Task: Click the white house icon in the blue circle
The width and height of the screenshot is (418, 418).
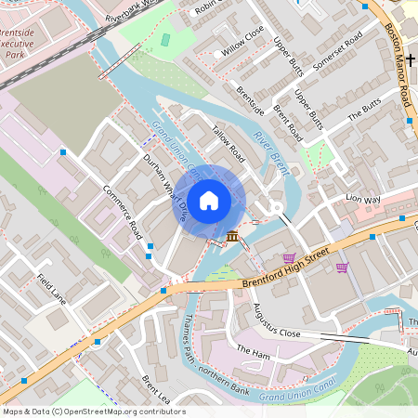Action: [209, 199]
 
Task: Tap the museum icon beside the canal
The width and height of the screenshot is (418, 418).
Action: [230, 238]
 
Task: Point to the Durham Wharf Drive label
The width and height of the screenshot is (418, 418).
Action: [164, 187]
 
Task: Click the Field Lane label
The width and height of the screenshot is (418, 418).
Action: [52, 289]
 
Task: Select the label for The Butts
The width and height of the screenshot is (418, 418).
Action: [364, 116]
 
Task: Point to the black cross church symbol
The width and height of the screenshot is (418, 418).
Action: [409, 58]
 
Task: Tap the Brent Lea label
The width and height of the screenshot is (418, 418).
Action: [157, 390]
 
